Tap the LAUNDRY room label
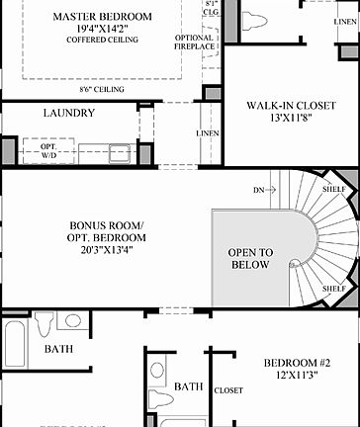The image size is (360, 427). tap(69, 113)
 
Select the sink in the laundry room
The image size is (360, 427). tap(120, 152)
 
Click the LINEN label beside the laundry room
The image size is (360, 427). tap(208, 132)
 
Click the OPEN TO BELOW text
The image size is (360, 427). tap(250, 258)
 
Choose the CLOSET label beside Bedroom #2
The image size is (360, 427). tap(228, 389)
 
